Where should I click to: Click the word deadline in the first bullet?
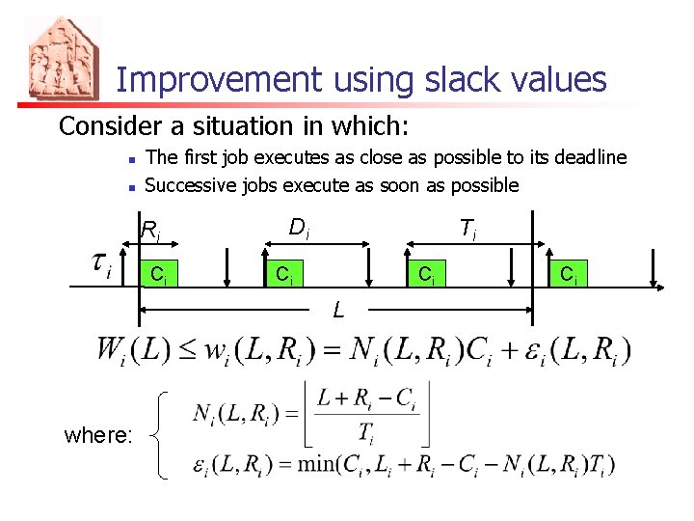(585, 157)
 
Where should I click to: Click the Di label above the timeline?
(299, 229)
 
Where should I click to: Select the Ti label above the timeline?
(467, 229)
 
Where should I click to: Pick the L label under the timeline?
(338, 311)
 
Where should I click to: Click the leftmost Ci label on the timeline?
(158, 275)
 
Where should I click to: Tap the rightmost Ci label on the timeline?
(569, 275)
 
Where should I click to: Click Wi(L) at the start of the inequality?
(133, 349)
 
